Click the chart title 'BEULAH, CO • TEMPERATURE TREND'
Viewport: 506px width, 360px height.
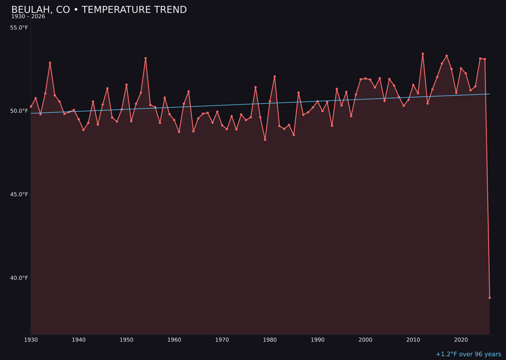(99, 10)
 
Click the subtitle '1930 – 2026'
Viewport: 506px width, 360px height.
(28, 17)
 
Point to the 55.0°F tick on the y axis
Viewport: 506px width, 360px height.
(19, 28)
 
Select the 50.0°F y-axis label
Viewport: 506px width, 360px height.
(19, 111)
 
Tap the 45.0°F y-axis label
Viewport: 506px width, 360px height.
(19, 195)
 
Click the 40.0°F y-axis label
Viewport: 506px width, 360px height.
(19, 278)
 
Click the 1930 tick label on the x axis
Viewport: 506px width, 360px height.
(31, 340)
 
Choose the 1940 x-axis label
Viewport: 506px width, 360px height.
(79, 340)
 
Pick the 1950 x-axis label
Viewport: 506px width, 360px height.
(126, 340)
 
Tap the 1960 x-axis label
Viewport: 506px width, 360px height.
(174, 340)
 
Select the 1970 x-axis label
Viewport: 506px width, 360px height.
(222, 340)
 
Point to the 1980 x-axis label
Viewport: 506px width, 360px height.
(270, 340)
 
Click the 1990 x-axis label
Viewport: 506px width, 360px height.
(318, 340)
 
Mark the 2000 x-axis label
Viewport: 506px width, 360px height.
(365, 340)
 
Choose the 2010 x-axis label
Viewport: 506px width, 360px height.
(413, 340)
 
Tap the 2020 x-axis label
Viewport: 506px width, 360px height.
(461, 340)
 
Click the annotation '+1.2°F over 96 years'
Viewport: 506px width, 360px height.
(468, 354)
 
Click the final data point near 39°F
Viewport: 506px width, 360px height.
(490, 298)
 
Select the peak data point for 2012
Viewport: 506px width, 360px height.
(423, 54)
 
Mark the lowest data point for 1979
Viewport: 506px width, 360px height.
(265, 140)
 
